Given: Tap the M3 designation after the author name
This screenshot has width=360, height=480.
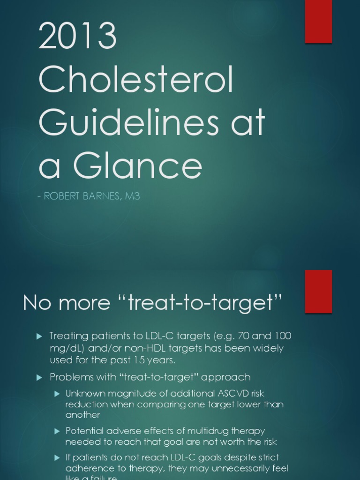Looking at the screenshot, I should pos(132,196).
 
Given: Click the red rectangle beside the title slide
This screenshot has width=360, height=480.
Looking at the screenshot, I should pos(318,22).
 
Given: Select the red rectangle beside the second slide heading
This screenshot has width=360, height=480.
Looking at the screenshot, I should pos(318,291).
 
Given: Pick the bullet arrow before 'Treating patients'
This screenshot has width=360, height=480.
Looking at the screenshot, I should pos(39,336).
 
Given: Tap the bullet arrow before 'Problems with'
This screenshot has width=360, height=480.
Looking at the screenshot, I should pos(39,377).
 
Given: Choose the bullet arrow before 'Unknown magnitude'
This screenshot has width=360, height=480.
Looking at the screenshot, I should pos(57,393).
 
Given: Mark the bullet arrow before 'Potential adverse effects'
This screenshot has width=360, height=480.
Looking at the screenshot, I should pos(57,431).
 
